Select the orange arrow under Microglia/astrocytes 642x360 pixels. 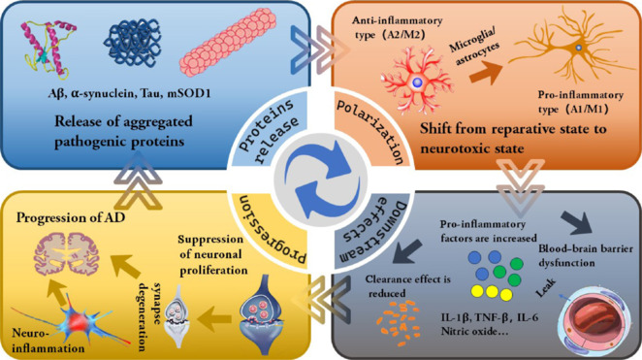(486, 73)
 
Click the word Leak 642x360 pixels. (546, 287)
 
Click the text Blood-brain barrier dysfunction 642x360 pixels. (585, 255)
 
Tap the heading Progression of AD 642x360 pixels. (71, 217)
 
